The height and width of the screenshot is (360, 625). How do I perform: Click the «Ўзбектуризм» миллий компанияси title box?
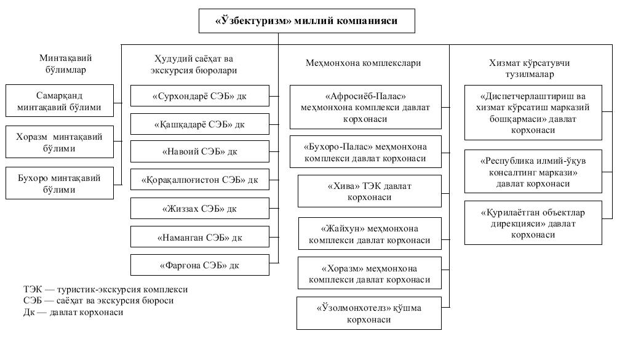306,21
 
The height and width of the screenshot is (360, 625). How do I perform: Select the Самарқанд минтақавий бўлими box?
60,100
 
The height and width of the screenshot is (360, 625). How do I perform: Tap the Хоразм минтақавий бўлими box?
60,142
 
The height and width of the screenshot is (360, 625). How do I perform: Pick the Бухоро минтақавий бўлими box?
60,183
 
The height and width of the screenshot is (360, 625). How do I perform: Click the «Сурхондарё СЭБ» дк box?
200,95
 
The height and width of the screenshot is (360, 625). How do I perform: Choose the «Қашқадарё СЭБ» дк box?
200,124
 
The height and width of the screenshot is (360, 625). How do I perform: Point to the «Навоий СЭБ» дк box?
200,151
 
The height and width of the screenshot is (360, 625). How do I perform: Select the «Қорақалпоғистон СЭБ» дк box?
200,180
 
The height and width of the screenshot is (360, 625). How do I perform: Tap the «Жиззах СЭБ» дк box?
200,208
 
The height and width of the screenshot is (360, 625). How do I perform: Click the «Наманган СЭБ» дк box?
200,237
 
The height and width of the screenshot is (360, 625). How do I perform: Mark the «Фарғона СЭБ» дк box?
200,265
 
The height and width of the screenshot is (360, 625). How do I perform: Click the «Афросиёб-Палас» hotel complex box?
365,107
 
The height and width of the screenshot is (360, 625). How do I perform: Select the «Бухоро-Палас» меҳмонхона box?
365,152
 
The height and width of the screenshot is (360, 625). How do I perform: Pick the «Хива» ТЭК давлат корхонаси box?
370,191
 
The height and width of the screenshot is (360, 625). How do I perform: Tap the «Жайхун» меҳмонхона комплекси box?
370,234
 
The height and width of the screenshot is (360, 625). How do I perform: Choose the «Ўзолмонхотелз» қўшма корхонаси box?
369,313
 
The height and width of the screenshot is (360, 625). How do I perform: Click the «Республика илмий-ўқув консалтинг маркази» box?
533,172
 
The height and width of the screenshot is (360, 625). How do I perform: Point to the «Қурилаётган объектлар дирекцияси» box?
533,223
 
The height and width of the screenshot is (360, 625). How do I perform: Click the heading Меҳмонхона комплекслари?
363,63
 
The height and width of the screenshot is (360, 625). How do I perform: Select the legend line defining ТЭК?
105,289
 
